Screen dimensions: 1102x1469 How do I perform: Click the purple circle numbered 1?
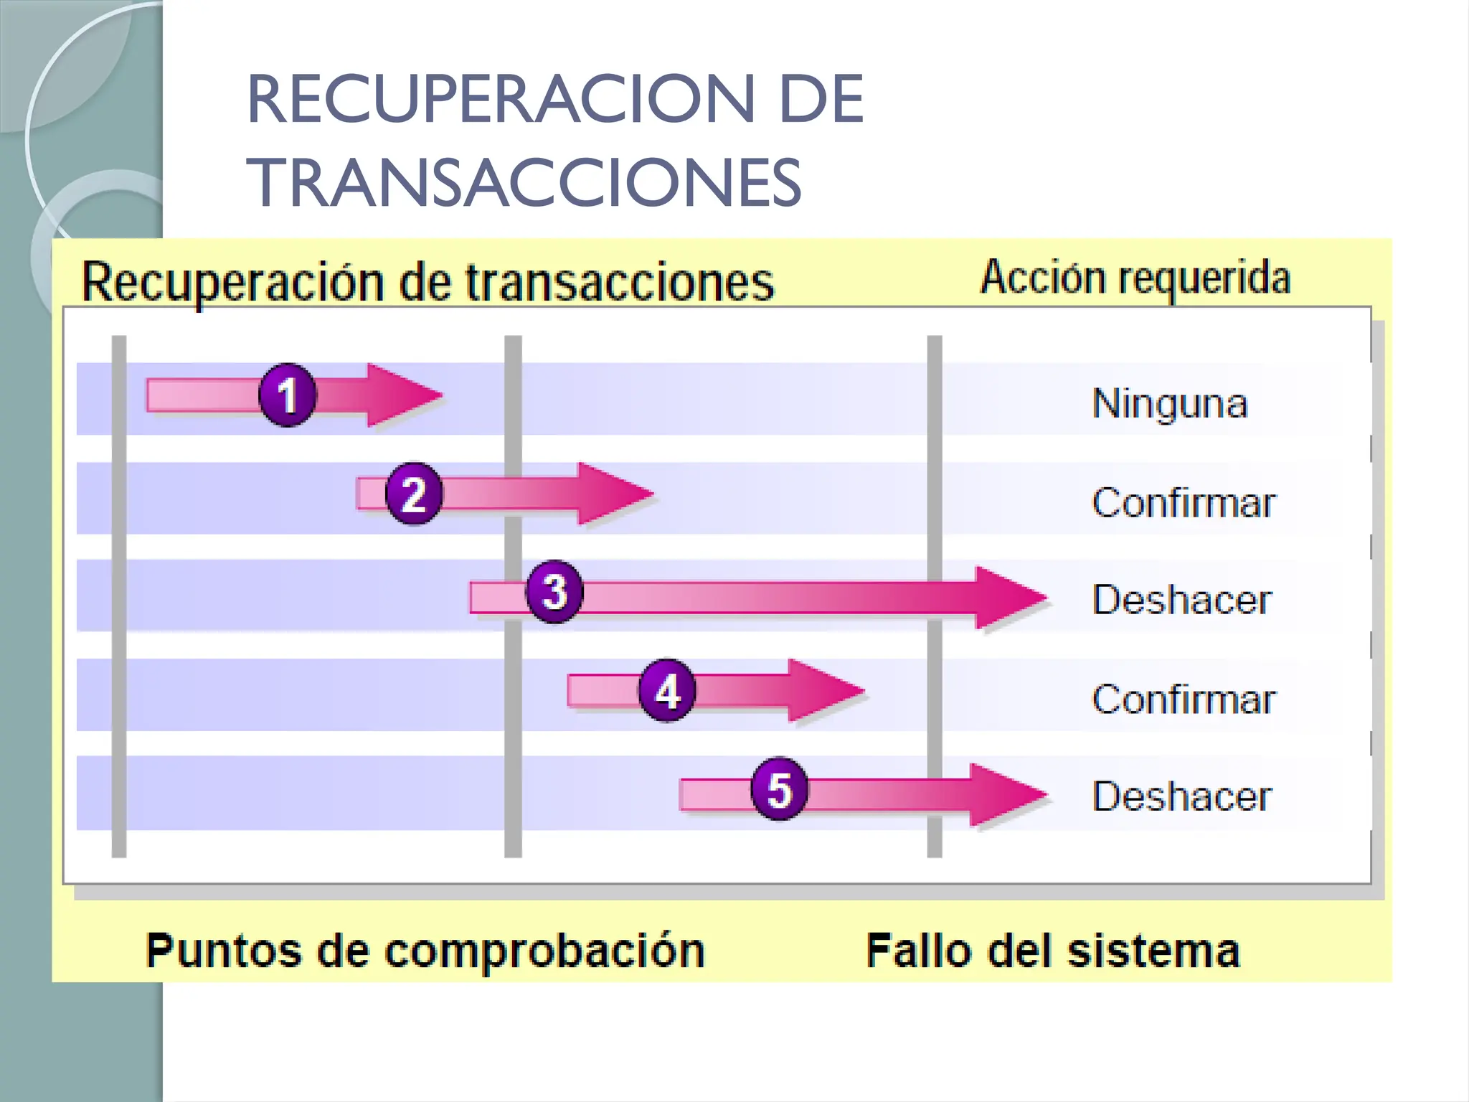click(287, 395)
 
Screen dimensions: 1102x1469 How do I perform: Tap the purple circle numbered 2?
click(414, 494)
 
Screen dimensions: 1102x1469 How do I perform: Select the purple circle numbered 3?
click(554, 592)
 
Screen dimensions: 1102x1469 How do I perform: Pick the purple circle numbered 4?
click(667, 690)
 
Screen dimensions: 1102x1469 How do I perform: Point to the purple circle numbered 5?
click(779, 789)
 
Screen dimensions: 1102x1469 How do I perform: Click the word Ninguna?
click(1169, 403)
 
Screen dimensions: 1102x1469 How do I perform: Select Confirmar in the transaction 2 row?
click(1184, 502)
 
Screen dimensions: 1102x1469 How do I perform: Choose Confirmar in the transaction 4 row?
click(1184, 699)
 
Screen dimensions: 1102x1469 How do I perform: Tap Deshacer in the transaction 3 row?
click(1181, 600)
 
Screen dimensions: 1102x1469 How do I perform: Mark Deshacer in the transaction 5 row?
click(1181, 796)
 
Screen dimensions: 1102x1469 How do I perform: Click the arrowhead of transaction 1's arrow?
click(402, 395)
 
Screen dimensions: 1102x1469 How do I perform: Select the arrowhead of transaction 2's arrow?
click(613, 494)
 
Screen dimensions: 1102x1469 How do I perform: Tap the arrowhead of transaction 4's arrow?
click(823, 690)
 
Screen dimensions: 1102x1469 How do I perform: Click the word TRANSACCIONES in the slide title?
click(524, 183)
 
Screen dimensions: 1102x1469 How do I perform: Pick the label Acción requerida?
click(1135, 278)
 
